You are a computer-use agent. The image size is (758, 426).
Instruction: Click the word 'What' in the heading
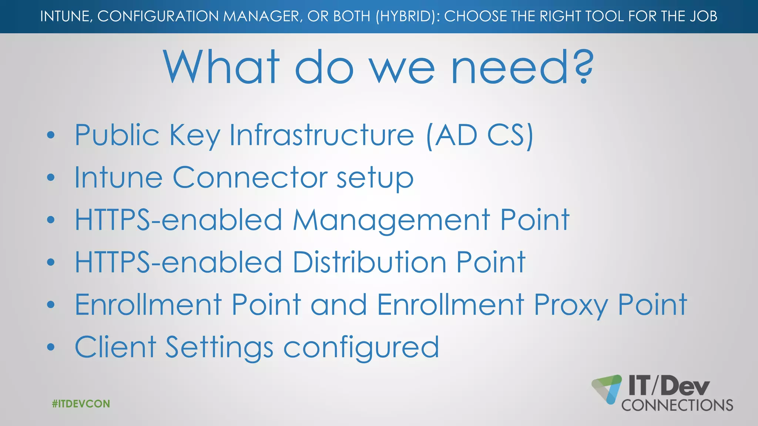tap(221, 67)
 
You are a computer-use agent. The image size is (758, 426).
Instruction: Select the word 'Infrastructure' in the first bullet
tap(322, 135)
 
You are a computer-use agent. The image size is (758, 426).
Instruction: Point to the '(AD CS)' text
tap(480, 136)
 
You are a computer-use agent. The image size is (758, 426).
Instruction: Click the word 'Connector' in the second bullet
tap(250, 177)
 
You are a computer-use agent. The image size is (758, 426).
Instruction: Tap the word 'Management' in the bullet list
tap(392, 220)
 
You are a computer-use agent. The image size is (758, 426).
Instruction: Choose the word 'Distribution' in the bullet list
tap(370, 262)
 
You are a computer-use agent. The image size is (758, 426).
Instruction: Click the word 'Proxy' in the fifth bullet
tap(571, 305)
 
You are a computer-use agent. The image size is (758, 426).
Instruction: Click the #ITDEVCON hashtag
tap(81, 403)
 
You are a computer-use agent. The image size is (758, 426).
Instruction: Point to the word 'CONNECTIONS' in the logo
tap(677, 405)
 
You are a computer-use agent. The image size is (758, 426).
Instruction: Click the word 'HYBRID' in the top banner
tap(406, 16)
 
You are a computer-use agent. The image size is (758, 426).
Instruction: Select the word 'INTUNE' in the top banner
tap(65, 16)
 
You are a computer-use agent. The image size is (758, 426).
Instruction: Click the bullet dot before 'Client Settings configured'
tap(51, 347)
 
